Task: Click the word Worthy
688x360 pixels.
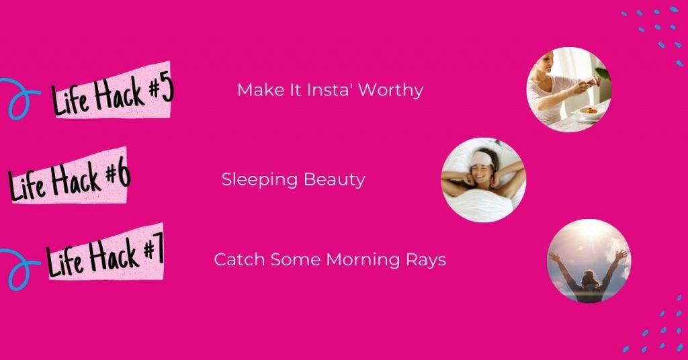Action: pos(391,90)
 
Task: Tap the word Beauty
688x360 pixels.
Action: pos(335,180)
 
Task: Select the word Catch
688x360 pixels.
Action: pos(239,259)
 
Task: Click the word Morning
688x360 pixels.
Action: pos(363,260)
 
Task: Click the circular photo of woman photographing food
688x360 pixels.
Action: pos(568,89)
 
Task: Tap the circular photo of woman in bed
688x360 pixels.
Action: pos(484,180)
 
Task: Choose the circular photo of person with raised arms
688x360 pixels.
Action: pos(589,261)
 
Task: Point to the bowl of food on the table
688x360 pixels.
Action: pos(589,111)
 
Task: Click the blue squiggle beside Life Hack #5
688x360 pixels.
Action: pos(19,98)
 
